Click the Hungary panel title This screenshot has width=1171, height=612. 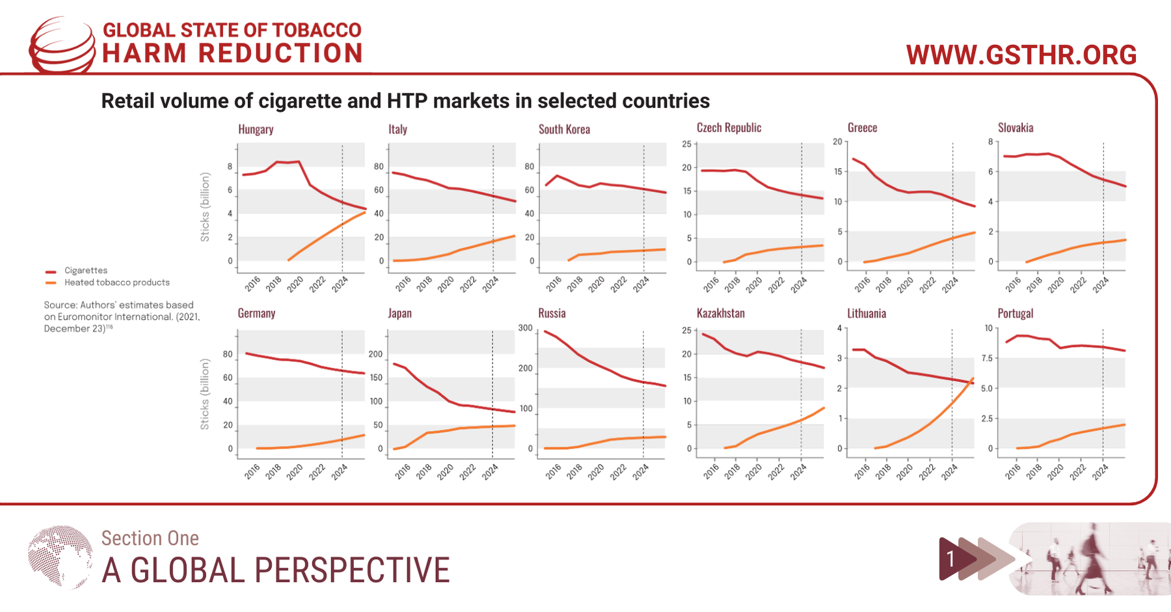(x=256, y=129)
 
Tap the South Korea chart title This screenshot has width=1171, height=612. (x=564, y=129)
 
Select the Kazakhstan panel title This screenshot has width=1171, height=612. (x=720, y=313)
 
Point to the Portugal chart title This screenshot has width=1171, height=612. (x=1015, y=313)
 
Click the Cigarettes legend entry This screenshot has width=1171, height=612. (x=85, y=270)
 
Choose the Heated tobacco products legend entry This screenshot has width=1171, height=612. (x=116, y=283)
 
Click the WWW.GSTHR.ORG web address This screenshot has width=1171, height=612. (x=1021, y=55)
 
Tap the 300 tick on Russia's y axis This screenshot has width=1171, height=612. (x=526, y=328)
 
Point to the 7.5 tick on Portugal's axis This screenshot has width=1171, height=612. (x=987, y=358)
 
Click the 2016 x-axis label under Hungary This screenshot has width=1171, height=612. (x=252, y=284)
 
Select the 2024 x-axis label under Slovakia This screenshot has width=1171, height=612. (x=1100, y=285)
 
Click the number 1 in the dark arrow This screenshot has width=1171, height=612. (x=950, y=559)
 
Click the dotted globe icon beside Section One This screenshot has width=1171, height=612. (x=60, y=557)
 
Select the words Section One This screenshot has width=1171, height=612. (x=150, y=538)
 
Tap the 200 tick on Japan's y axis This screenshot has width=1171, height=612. (x=375, y=354)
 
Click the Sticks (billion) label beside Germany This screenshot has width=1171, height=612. (x=205, y=394)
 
